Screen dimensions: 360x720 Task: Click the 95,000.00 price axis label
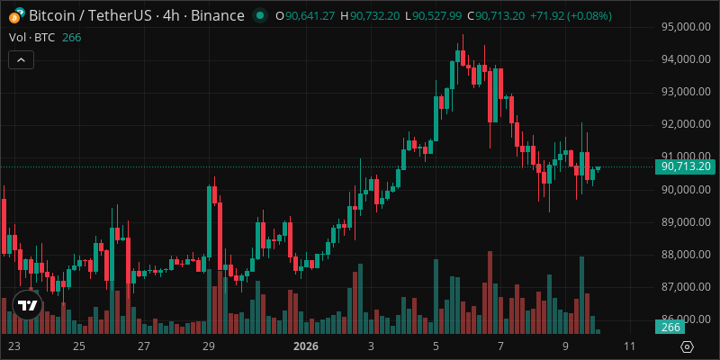pos(687,27)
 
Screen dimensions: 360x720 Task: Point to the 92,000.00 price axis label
pos(687,124)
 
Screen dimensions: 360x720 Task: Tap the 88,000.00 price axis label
pos(687,254)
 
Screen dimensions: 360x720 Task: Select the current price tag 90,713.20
pos(687,166)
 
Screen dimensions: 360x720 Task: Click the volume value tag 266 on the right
pos(671,328)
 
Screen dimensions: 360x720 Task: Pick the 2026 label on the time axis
pos(307,346)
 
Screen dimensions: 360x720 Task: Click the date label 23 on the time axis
pos(13,346)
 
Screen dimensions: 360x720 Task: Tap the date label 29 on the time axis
pos(208,346)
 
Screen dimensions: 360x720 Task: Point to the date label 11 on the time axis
pos(629,346)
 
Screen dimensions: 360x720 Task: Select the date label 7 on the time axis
pos(500,346)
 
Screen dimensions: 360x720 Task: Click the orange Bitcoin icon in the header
pos(16,15)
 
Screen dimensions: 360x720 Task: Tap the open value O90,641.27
pos(305,16)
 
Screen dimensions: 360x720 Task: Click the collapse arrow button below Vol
pos(21,59)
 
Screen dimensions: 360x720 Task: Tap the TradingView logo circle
pos(28,305)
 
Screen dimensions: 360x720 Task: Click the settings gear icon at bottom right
pos(687,346)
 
